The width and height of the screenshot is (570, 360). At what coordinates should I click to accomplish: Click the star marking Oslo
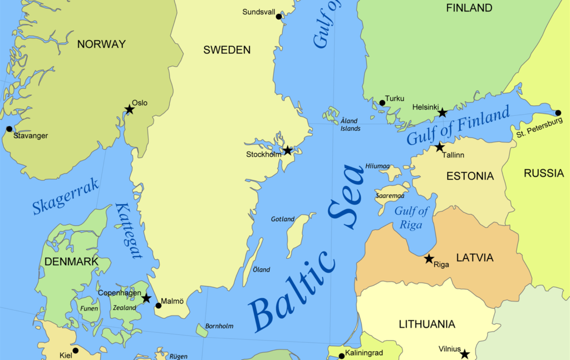point(129,110)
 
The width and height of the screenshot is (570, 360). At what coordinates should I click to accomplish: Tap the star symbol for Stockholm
point(287,150)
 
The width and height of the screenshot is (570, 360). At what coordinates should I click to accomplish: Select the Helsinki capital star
point(442,113)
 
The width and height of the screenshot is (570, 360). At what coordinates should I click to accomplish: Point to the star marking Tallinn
point(440,147)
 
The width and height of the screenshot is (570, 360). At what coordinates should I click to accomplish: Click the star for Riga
point(429,259)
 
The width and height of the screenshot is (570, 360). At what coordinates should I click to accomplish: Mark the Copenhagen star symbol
point(146,298)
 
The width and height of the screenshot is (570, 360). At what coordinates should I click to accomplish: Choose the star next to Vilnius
point(464,354)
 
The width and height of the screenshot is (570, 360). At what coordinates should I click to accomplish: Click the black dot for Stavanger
point(9,129)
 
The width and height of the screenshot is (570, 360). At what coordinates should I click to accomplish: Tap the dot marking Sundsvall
point(279,17)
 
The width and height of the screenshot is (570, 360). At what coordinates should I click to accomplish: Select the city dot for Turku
point(382,103)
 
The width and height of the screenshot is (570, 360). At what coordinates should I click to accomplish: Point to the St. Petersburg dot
point(558,113)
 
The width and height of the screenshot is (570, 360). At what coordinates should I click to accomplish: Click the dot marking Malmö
point(158,305)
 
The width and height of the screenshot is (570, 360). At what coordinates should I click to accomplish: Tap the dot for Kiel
point(75,351)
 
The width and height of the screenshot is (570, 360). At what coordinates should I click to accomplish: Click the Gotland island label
point(283,219)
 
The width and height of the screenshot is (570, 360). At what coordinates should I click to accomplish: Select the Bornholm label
point(219,326)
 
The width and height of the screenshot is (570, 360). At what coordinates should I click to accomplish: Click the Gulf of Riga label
point(412,218)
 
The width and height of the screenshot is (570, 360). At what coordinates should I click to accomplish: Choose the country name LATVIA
point(474,258)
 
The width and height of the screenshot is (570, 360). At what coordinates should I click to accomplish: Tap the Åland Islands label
point(350,125)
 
